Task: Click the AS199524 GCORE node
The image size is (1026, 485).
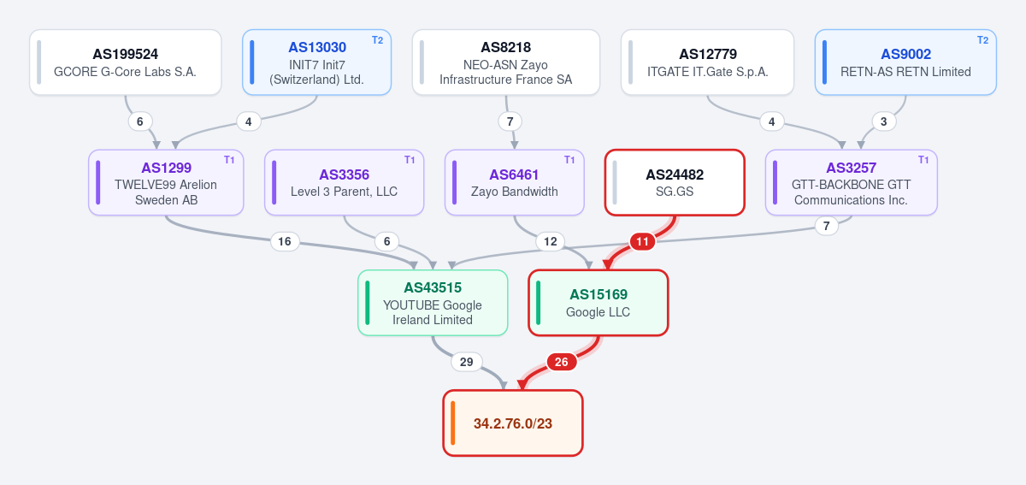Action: tap(126, 62)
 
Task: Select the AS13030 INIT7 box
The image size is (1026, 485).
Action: tap(316, 62)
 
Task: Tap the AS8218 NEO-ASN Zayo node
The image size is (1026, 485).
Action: tap(506, 62)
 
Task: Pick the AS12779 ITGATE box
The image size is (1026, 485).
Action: tap(707, 62)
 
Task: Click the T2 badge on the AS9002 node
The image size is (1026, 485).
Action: tap(982, 40)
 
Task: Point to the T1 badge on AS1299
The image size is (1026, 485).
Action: tap(229, 160)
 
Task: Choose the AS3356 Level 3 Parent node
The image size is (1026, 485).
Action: tap(344, 182)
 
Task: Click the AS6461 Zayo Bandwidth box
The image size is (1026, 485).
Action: tap(515, 182)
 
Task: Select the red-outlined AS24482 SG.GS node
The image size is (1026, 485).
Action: tap(675, 182)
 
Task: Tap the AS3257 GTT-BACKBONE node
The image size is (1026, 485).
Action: tap(851, 182)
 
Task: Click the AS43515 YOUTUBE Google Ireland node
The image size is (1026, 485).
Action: tap(433, 303)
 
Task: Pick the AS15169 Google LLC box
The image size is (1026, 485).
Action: tap(598, 303)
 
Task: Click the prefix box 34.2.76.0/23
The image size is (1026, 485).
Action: tap(513, 423)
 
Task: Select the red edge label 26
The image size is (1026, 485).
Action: tap(562, 362)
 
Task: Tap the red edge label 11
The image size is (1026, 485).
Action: tap(642, 241)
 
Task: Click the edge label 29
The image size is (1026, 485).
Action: tap(466, 362)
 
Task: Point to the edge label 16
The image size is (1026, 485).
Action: tap(285, 241)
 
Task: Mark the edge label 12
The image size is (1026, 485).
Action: tap(550, 241)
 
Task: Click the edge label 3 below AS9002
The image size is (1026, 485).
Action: tap(883, 121)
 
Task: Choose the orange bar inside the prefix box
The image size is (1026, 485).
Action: tap(452, 423)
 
